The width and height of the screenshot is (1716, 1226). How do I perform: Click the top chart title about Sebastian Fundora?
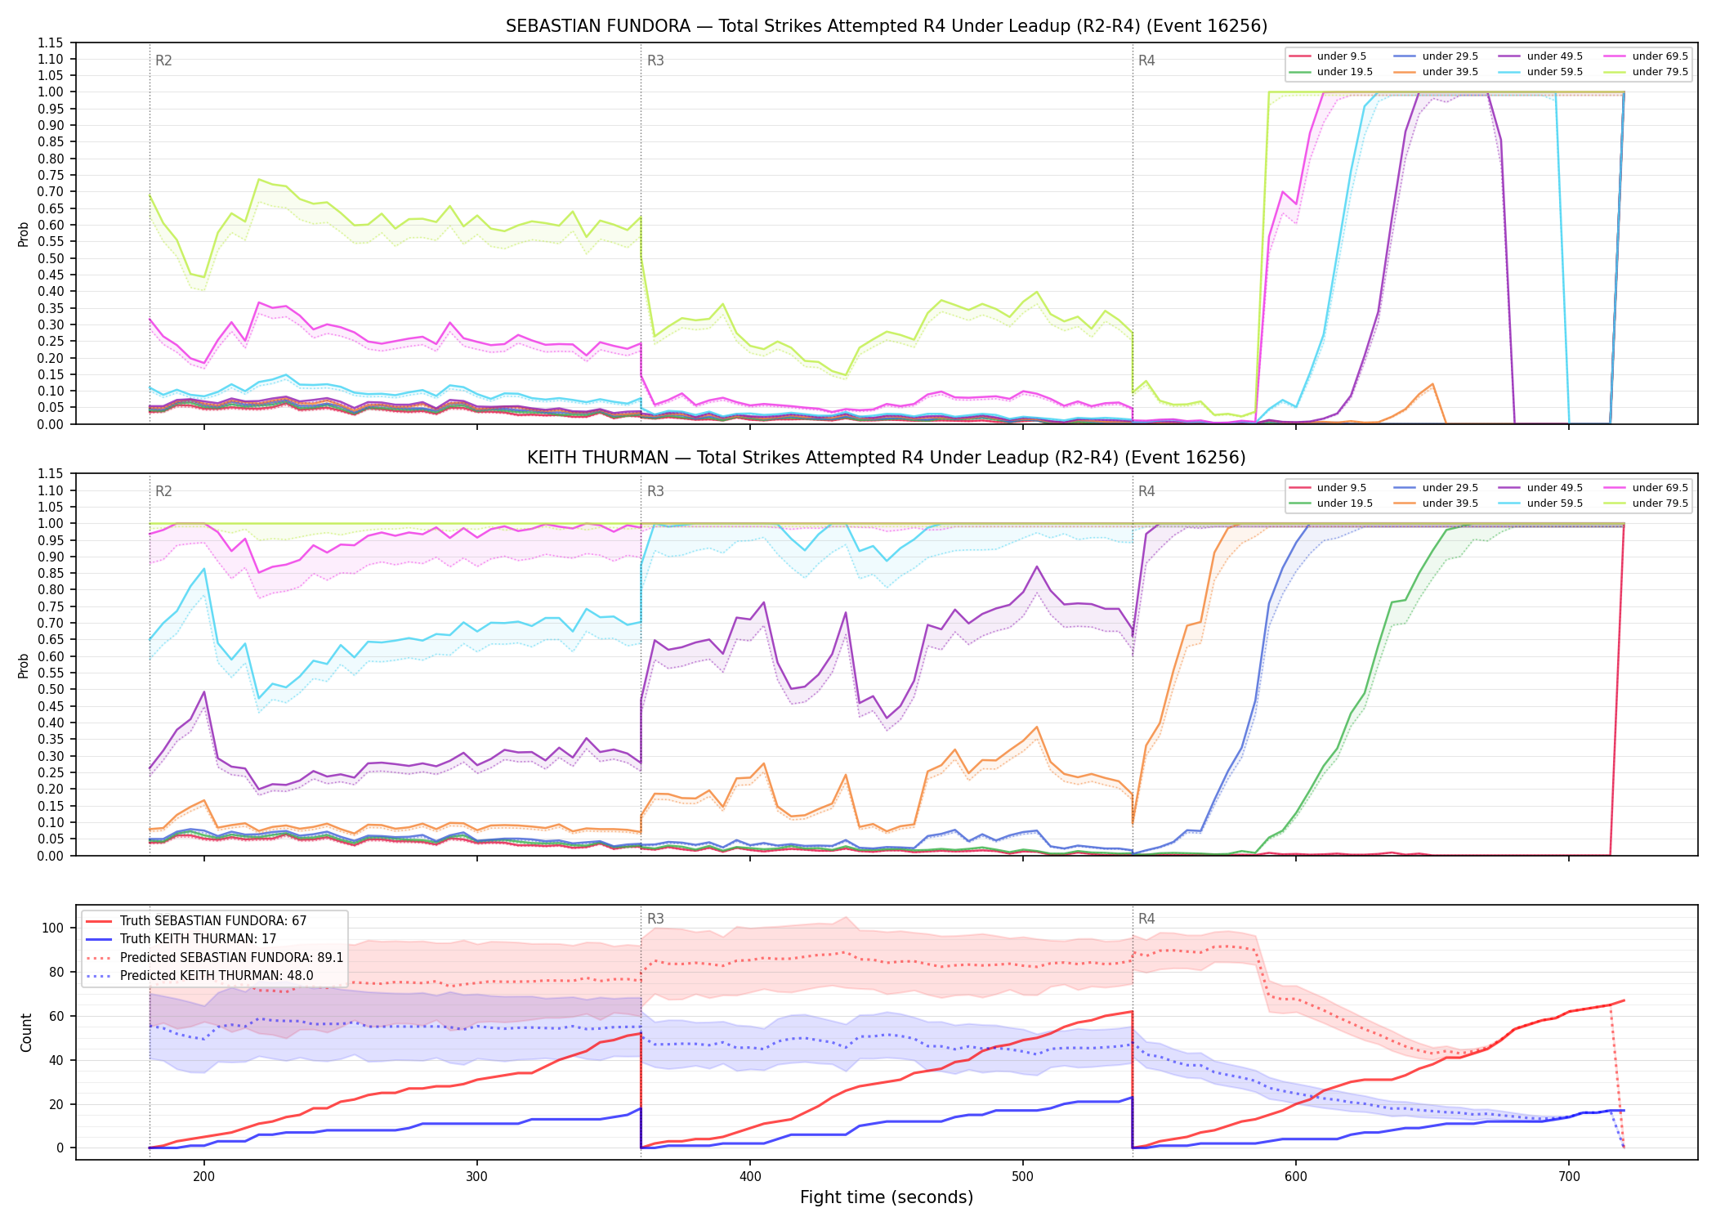pos(887,26)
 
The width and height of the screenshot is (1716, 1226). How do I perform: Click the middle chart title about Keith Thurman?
pos(887,458)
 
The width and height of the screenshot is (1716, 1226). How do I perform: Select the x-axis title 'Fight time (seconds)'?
pos(887,1197)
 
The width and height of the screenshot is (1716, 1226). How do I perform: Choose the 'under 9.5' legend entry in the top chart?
pos(1329,56)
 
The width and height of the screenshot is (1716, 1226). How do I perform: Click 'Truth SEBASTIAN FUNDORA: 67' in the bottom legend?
pos(196,921)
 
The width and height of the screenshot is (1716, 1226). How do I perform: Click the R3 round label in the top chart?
pos(655,60)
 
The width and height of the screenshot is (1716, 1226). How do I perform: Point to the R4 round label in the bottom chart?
pos(1146,919)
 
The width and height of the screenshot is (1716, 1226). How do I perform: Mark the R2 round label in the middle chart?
pos(163,491)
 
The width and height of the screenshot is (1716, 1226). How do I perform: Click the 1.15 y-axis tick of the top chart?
pos(51,43)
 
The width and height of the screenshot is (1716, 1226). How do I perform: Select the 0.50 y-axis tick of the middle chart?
pos(51,689)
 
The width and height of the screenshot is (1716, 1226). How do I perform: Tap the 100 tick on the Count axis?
pos(53,928)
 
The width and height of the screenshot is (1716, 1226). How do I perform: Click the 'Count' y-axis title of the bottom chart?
pos(26,1032)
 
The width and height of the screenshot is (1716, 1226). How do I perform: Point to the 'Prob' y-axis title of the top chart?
pos(24,235)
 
